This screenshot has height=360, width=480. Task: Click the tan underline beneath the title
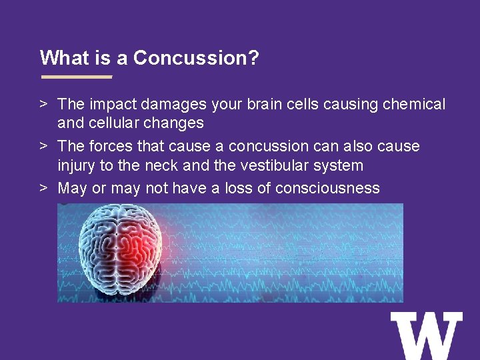[77, 77]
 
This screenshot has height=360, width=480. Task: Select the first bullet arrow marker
[44, 104]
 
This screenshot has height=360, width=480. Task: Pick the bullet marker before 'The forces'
[44, 146]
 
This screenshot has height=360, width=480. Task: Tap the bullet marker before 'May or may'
[44, 187]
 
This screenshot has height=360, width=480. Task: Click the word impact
[113, 105]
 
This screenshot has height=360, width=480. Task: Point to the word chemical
[414, 104]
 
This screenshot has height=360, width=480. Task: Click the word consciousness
[327, 187]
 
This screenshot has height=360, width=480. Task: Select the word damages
[173, 105]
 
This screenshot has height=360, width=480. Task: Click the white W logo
[427, 336]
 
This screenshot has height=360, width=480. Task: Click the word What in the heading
[65, 57]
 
